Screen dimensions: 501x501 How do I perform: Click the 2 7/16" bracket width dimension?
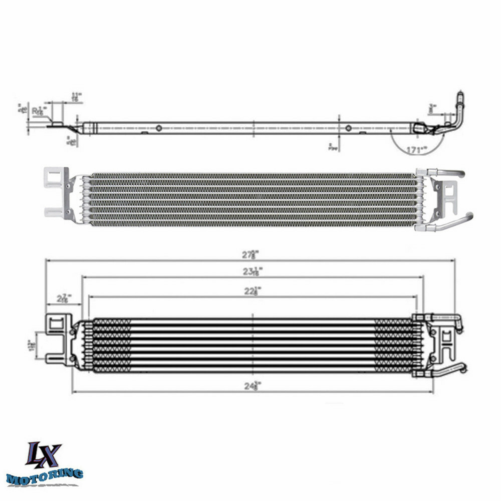tap(63, 299)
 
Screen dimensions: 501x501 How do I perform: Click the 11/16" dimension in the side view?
tap(76, 97)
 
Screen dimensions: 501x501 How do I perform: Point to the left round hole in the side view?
tap(159, 128)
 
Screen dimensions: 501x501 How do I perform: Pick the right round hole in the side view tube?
tap(348, 128)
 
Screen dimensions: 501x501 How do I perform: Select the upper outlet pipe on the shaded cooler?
tap(448, 173)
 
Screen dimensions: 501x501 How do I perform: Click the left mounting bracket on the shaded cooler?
tap(57, 192)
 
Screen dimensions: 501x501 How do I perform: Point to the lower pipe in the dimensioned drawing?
tap(446, 371)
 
